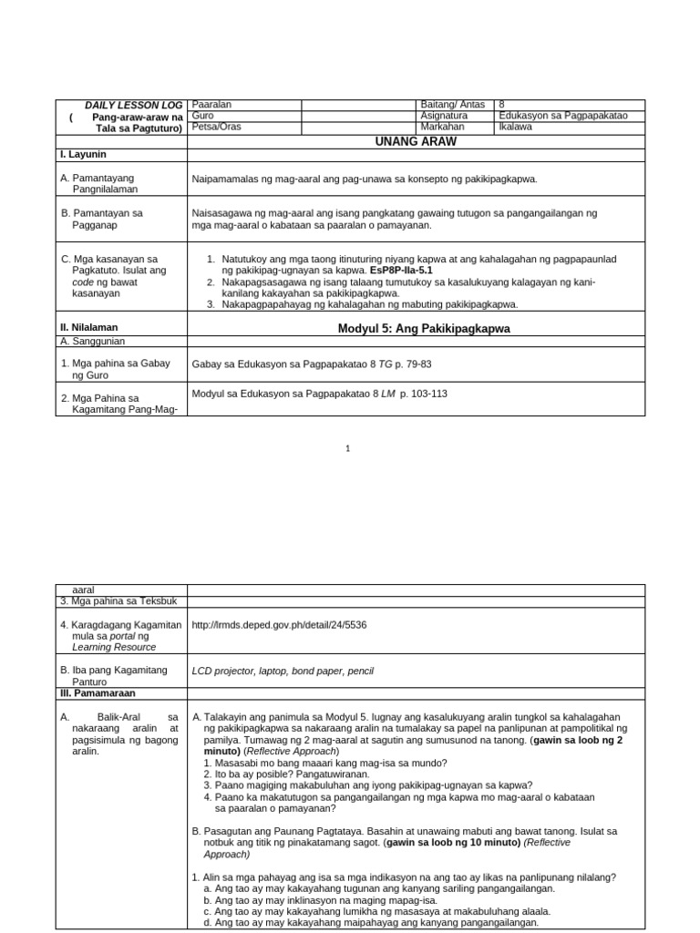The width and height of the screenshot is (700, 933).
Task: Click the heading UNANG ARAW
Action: [416, 141]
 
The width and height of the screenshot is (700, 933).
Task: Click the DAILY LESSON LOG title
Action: [134, 106]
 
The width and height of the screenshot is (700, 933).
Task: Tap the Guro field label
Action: [203, 117]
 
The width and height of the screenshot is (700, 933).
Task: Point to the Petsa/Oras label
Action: [217, 128]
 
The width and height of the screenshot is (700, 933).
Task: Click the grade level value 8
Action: [502, 106]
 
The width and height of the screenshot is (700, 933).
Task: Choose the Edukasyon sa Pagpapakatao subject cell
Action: [563, 117]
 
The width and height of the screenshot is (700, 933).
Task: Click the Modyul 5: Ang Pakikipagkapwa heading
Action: [423, 328]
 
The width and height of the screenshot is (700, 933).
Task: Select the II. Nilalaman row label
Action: [89, 327]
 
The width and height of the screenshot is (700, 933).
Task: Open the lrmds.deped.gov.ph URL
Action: [279, 625]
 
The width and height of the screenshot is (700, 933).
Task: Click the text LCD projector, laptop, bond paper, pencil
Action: [283, 672]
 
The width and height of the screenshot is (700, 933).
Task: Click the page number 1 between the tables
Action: [349, 448]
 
